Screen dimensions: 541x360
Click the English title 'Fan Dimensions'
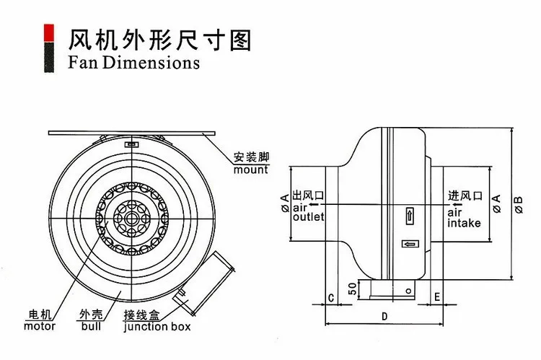(x=133, y=63)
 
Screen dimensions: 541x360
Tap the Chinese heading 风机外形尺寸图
(x=159, y=40)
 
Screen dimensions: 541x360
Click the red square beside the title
(x=48, y=33)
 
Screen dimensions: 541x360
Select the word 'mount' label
(x=251, y=170)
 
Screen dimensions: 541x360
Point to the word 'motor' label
(x=40, y=326)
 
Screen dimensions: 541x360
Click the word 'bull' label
(x=91, y=326)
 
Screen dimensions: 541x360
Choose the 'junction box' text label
(x=157, y=327)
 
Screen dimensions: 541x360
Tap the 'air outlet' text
(x=308, y=212)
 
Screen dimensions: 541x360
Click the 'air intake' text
(x=464, y=218)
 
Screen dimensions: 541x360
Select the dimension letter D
(x=384, y=316)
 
